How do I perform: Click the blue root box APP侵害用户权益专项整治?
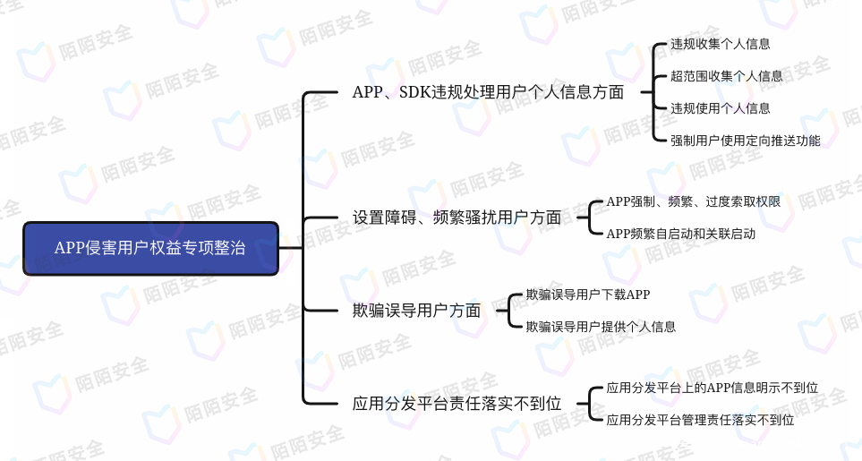pyautogui.click(x=150, y=248)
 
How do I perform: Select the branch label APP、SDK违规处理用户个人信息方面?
pyautogui.click(x=488, y=92)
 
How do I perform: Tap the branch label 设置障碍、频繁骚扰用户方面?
pyautogui.click(x=457, y=218)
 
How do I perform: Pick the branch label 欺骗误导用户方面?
pyautogui.click(x=417, y=311)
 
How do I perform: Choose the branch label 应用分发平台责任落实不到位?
pyautogui.click(x=457, y=404)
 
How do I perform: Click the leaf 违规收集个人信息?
pyautogui.click(x=721, y=44)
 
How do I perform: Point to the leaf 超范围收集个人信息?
pyautogui.click(x=726, y=76)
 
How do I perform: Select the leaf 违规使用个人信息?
pyautogui.click(x=721, y=108)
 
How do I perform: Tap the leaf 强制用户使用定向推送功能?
pyautogui.click(x=745, y=141)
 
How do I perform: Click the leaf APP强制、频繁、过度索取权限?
pyautogui.click(x=693, y=201)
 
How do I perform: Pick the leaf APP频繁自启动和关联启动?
pyautogui.click(x=680, y=234)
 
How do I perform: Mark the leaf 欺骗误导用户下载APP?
pyautogui.click(x=588, y=295)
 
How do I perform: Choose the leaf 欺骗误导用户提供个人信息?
pyautogui.click(x=601, y=327)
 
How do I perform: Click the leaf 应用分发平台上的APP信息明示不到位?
pyautogui.click(x=712, y=388)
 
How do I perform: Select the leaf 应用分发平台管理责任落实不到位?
pyautogui.click(x=700, y=420)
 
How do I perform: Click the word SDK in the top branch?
pyautogui.click(x=415, y=92)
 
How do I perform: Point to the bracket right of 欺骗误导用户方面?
pyautogui.click(x=508, y=311)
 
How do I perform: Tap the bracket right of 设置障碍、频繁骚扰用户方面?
pyautogui.click(x=589, y=218)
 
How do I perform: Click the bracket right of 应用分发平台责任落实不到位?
pyautogui.click(x=589, y=404)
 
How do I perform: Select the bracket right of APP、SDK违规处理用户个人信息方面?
pyautogui.click(x=653, y=92)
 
